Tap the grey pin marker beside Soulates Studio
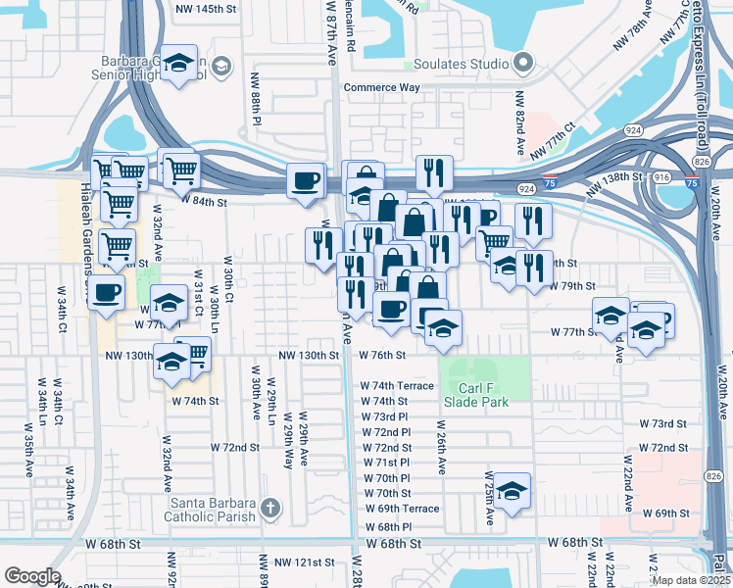523,64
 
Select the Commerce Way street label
381,87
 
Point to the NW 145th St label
205,9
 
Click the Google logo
32,575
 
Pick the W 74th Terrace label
396,386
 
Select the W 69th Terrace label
402,509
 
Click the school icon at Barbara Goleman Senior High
179,64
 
